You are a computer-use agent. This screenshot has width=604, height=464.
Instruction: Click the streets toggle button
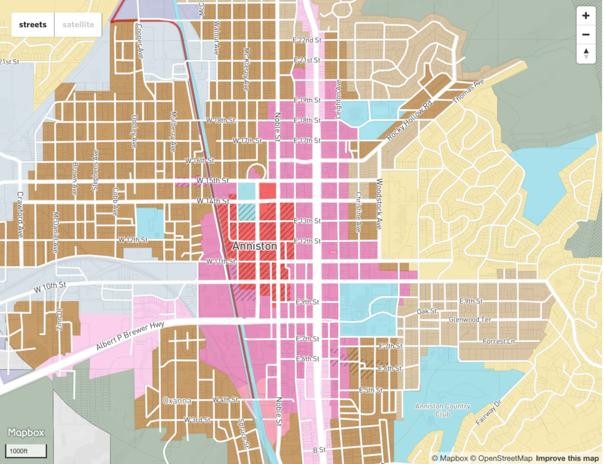(x=32, y=25)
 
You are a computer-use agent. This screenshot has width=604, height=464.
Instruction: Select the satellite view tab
(x=78, y=25)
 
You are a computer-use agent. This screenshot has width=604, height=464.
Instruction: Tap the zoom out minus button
(x=586, y=35)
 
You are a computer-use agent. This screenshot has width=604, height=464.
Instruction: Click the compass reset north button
(x=586, y=54)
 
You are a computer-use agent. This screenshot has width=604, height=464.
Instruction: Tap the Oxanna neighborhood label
(x=177, y=401)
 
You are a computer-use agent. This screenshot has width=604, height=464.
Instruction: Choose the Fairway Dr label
(x=488, y=414)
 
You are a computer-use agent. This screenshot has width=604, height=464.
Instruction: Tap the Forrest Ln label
(x=498, y=341)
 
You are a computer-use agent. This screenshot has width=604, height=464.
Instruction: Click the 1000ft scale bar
(x=26, y=451)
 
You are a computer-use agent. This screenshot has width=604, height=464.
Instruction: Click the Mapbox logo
(x=26, y=433)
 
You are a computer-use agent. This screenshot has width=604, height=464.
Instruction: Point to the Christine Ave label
(x=357, y=212)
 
